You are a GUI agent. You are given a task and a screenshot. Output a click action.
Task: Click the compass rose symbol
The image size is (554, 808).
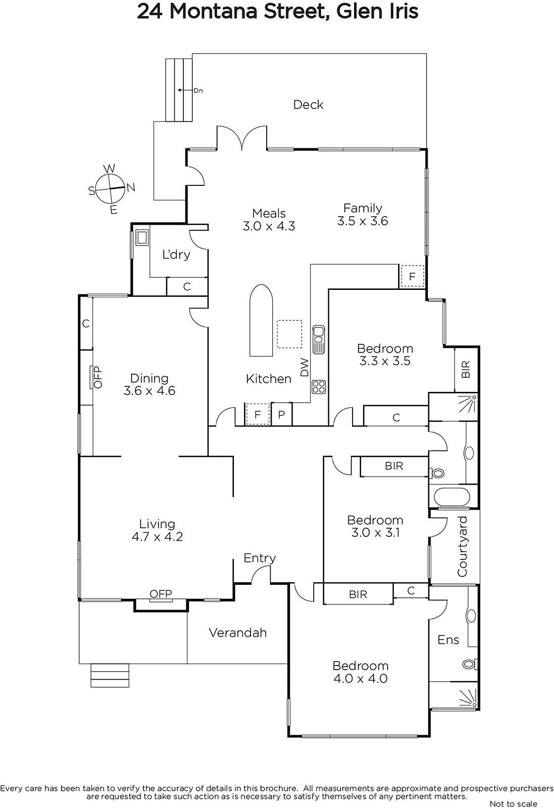point(112,189)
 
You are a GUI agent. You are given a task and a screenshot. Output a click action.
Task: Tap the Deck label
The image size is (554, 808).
point(308,105)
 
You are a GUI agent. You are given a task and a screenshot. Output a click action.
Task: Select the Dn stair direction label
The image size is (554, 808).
point(198,90)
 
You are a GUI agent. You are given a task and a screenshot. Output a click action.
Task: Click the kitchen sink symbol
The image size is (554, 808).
point(319,339)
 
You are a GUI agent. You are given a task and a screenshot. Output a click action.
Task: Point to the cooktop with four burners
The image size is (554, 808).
point(319,387)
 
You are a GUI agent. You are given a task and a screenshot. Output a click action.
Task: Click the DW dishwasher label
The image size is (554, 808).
point(305,367)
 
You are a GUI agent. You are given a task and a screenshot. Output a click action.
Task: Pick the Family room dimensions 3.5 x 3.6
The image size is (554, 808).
point(363,221)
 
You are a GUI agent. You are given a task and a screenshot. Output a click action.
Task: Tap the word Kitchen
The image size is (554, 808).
point(268,379)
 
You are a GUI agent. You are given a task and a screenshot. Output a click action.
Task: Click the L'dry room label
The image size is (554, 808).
point(176,255)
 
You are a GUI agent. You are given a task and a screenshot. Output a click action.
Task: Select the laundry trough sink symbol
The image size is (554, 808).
point(142,237)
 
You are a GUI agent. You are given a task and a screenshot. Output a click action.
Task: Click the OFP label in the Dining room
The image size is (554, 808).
point(98,377)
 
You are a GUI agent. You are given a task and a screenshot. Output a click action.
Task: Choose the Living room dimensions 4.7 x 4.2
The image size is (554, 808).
point(157,536)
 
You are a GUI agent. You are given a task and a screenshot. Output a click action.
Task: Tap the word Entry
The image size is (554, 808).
point(260,558)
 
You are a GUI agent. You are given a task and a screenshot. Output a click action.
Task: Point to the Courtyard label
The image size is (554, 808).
point(462,546)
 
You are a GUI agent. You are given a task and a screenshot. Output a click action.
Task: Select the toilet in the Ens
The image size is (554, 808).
point(470,664)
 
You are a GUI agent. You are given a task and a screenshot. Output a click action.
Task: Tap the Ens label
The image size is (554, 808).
point(448,639)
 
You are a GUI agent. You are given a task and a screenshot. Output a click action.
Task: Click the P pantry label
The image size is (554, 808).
point(281,415)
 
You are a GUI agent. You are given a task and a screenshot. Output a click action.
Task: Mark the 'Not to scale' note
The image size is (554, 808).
point(513,803)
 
